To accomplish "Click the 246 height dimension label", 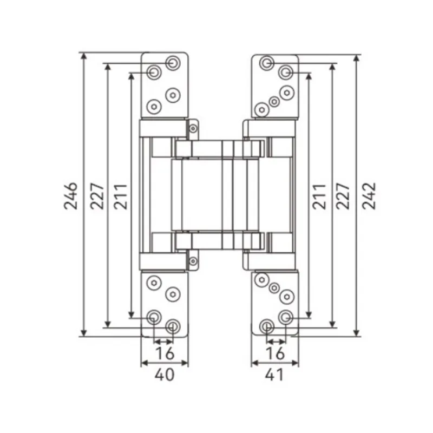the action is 71,196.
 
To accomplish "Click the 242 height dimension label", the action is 369,196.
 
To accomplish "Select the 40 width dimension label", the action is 165,375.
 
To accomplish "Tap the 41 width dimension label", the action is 274,375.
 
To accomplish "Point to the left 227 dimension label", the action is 97,196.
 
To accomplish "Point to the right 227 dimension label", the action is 343,196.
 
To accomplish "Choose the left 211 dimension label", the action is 121,196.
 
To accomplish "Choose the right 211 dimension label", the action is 319,196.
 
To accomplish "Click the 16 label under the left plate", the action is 165,353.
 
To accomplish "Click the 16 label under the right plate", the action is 275,353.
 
